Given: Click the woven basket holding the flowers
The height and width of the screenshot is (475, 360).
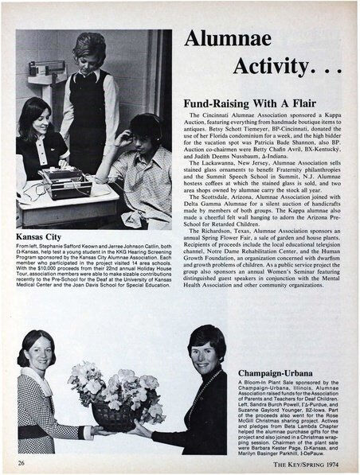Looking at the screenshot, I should pyautogui.click(x=113, y=415).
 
